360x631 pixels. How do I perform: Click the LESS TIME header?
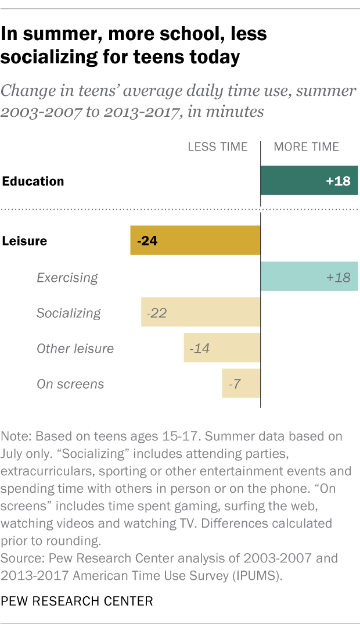click(x=217, y=147)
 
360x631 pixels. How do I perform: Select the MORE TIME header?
click(x=306, y=147)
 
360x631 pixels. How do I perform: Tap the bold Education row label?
click(x=33, y=181)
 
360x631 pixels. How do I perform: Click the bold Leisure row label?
click(x=25, y=241)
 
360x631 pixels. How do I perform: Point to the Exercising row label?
click(x=67, y=277)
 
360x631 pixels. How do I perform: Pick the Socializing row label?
click(x=69, y=313)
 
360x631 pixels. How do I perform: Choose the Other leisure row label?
click(x=75, y=349)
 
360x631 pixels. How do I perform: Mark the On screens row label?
click(x=70, y=383)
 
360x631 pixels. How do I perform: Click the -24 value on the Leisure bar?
click(x=147, y=241)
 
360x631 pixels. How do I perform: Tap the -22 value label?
click(x=157, y=313)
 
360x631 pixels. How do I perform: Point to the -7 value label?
click(x=235, y=383)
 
